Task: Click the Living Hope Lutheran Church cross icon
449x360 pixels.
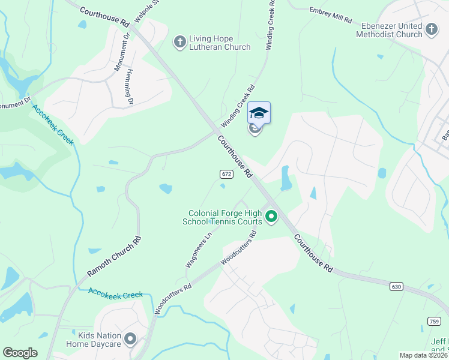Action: click(x=179, y=41)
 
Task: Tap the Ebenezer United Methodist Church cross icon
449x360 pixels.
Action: click(x=432, y=29)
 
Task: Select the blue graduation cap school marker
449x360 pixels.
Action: click(x=259, y=113)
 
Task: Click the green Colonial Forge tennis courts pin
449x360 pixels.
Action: click(x=271, y=216)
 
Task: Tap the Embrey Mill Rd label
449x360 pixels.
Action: click(x=330, y=16)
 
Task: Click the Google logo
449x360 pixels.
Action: click(x=20, y=353)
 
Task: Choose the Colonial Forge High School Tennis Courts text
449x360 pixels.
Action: click(x=225, y=217)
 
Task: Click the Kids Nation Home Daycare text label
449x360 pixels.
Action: click(x=100, y=340)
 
